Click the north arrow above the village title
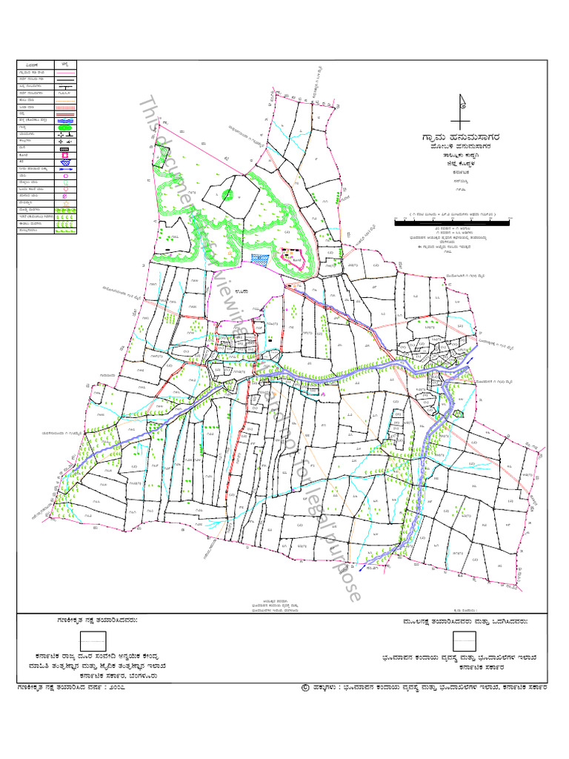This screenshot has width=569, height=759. click(463, 110)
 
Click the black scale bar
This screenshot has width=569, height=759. click(451, 221)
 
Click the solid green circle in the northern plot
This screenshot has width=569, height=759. click(227, 194)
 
